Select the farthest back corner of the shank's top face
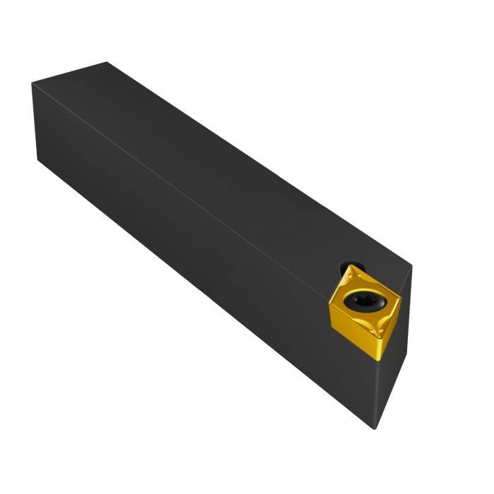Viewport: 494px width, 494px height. click(107, 62)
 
